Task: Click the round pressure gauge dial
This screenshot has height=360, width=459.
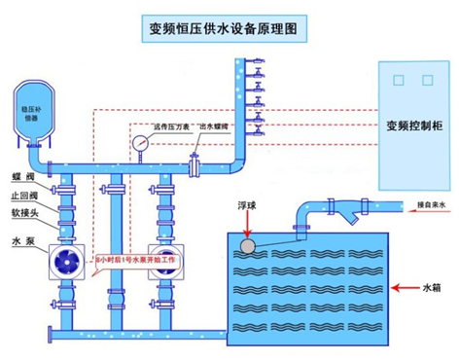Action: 142,143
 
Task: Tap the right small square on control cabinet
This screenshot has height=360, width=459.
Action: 427,80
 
